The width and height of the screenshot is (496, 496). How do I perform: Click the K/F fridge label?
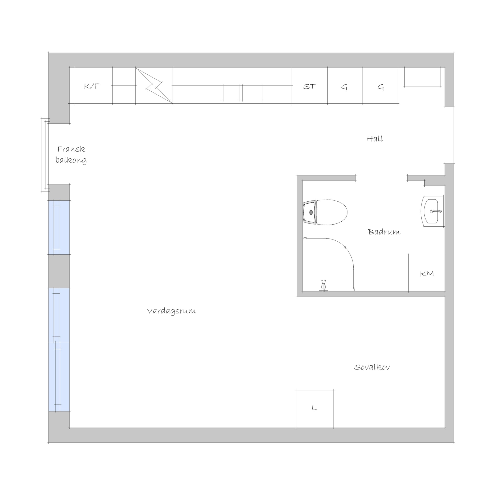click(92, 86)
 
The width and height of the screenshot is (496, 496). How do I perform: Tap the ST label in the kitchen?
click(309, 87)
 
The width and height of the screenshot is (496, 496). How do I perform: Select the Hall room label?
click(375, 139)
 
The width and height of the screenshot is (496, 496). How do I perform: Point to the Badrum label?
click(384, 232)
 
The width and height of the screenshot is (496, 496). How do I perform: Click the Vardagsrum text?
click(172, 311)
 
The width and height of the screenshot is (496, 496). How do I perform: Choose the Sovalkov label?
click(372, 367)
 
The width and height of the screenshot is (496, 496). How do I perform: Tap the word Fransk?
click(71, 149)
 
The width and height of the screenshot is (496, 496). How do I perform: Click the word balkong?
click(71, 160)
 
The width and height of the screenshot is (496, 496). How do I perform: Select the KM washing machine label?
click(427, 274)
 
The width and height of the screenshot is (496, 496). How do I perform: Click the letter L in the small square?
click(315, 408)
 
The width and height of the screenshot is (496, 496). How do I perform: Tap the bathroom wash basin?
click(433, 211)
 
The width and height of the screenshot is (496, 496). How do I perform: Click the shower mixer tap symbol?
click(324, 285)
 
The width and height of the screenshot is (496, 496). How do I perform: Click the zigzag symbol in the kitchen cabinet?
click(154, 86)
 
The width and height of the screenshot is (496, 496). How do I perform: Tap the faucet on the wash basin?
click(436, 211)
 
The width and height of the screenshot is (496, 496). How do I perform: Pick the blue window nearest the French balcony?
click(59, 228)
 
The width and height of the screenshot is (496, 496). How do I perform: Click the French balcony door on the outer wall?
click(45, 155)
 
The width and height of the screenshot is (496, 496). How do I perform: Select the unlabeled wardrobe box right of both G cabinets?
click(422, 77)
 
